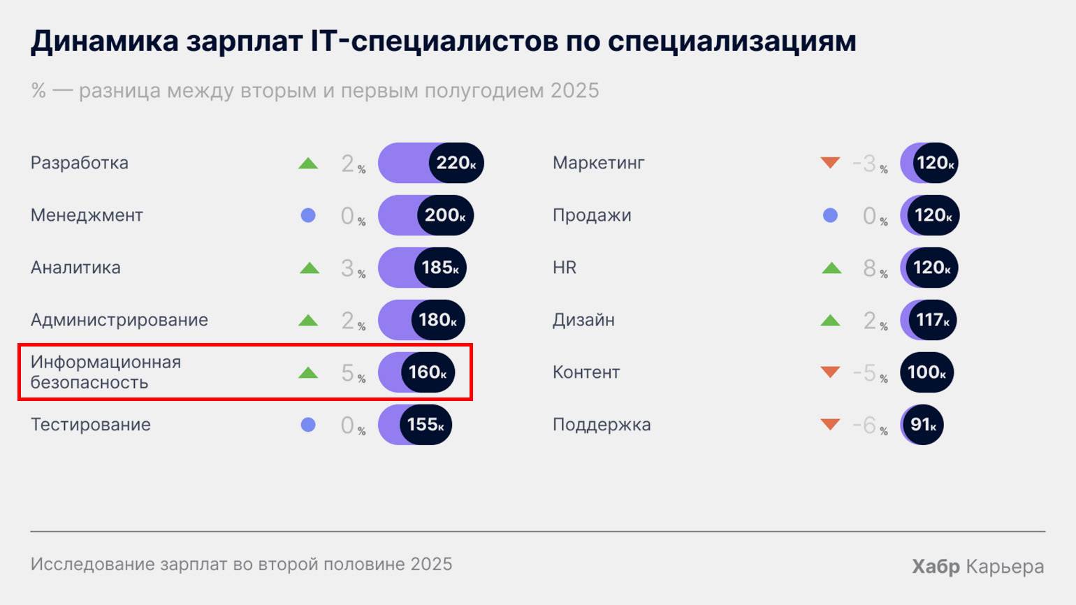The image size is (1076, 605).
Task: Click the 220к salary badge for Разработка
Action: pyautogui.click(x=456, y=163)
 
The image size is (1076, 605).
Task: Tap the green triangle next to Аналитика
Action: pyautogui.click(x=309, y=268)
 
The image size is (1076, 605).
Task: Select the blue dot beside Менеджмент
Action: pyautogui.click(x=308, y=215)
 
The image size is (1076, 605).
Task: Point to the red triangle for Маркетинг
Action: pyautogui.click(x=830, y=163)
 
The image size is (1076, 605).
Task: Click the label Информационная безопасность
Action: pyautogui.click(x=106, y=372)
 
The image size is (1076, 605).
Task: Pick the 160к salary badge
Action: pyautogui.click(x=427, y=372)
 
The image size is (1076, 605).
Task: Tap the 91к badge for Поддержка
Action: pyautogui.click(x=922, y=425)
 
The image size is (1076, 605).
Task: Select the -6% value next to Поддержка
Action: pyautogui.click(x=869, y=425)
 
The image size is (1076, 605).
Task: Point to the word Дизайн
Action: pyautogui.click(x=583, y=320)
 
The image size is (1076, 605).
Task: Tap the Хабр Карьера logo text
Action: pyautogui.click(x=977, y=567)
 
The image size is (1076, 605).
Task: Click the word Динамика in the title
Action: pyautogui.click(x=105, y=41)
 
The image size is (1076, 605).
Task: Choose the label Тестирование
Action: pyautogui.click(x=91, y=425)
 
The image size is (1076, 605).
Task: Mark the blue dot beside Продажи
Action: pyautogui.click(x=830, y=215)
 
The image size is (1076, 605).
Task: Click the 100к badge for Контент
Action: pyautogui.click(x=926, y=372)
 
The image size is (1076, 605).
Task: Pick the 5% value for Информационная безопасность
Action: pyautogui.click(x=352, y=373)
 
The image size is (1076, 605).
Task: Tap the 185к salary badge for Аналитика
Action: pyautogui.click(x=439, y=268)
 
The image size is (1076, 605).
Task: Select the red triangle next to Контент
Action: pyautogui.click(x=830, y=372)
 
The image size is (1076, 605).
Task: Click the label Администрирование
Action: pyautogui.click(x=119, y=320)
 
